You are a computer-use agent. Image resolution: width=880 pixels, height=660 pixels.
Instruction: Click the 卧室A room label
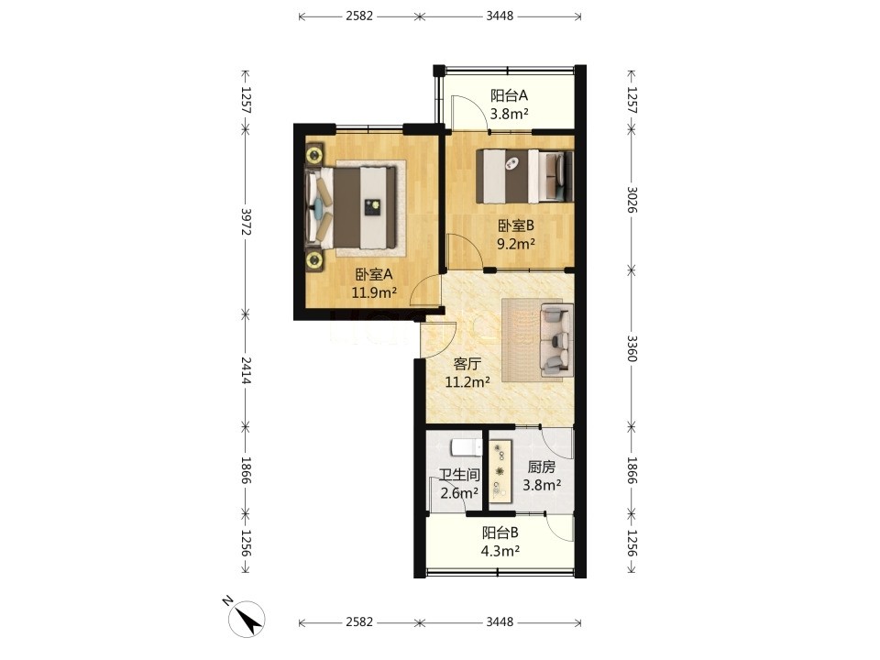tap(373, 274)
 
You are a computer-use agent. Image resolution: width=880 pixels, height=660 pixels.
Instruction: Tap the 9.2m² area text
tap(516, 244)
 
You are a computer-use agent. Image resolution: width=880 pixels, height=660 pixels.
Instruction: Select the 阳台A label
tap(509, 95)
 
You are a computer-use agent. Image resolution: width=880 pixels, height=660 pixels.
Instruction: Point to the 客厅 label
tap(467, 364)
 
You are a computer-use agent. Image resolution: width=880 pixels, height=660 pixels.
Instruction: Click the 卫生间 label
tap(459, 476)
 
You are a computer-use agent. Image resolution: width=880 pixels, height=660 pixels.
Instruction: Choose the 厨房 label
tap(542, 467)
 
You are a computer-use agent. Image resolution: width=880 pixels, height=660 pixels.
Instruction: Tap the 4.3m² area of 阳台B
tap(500, 551)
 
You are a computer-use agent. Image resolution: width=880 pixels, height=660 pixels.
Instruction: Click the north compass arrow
tap(247, 619)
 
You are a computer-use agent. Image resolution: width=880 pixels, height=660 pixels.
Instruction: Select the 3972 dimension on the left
tap(246, 222)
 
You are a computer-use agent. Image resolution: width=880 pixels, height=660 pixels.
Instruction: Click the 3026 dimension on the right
tap(632, 200)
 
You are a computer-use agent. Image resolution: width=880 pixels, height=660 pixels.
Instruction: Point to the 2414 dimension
tap(246, 370)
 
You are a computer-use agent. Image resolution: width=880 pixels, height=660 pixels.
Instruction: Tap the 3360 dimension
tap(632, 349)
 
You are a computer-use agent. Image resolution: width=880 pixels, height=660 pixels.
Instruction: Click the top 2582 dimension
tap(359, 16)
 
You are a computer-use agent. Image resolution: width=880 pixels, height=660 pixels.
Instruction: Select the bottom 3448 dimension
tap(500, 621)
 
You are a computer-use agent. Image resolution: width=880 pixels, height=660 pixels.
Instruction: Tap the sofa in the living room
tap(556, 340)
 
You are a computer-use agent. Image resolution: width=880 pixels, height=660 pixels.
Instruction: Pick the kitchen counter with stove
tap(500, 470)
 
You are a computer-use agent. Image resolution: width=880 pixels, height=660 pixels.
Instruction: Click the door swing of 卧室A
tap(424, 290)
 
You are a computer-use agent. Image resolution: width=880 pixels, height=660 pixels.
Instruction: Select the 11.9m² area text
tap(374, 292)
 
